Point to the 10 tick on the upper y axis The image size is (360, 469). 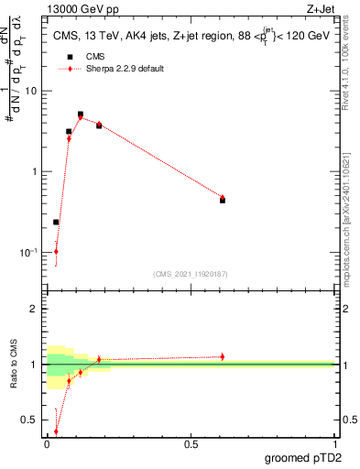[32, 91]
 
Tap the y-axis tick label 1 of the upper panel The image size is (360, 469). [36, 171]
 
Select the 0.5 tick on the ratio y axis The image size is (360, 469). [31, 420]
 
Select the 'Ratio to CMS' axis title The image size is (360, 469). [13, 365]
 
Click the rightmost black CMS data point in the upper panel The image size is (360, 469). [223, 200]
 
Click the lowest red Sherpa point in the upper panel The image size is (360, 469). [56, 251]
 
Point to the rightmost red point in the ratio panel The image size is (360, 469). [223, 356]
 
